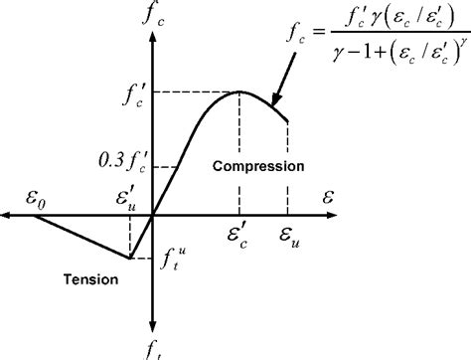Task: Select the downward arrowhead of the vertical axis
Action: coord(152,327)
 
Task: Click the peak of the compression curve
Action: coord(240,91)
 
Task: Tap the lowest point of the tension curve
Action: coord(130,258)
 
